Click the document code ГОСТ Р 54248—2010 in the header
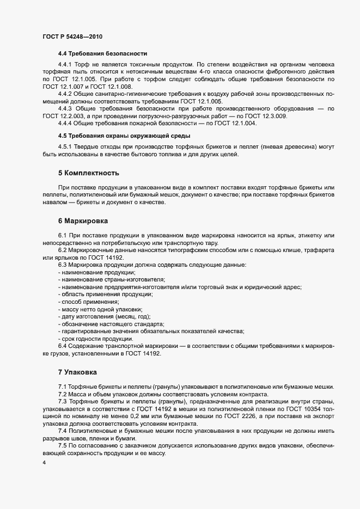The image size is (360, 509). point(72,36)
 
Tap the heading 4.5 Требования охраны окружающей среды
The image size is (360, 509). point(124,135)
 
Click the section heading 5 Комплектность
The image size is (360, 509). point(89,173)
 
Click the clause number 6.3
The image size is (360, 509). point(63,265)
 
